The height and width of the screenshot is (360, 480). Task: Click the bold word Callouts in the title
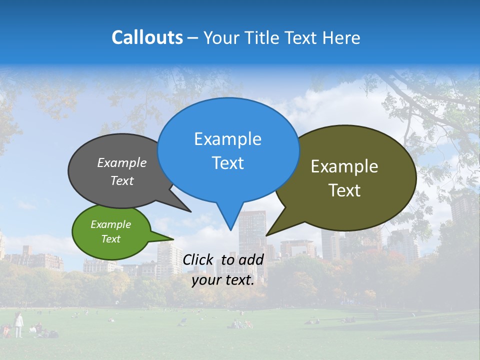(x=147, y=37)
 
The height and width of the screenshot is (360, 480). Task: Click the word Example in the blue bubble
(x=227, y=139)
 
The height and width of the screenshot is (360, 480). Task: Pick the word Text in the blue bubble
(x=227, y=163)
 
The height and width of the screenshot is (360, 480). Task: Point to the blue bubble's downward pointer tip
(x=230, y=229)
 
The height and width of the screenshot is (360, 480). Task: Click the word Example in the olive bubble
(x=344, y=166)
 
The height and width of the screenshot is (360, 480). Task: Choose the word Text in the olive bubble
(x=344, y=190)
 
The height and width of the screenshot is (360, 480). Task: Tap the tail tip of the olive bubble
(x=266, y=235)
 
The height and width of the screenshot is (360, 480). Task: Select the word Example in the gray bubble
(x=122, y=163)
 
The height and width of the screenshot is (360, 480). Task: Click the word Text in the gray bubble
(x=122, y=181)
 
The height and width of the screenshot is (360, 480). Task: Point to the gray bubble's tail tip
(x=190, y=211)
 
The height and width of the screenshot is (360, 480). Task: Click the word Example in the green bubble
(x=110, y=224)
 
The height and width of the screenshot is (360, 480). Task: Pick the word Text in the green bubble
(x=110, y=239)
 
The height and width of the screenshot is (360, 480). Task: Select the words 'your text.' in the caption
(x=223, y=280)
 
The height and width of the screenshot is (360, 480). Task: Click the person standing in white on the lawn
(x=18, y=324)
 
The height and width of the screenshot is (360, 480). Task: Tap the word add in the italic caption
(x=251, y=259)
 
